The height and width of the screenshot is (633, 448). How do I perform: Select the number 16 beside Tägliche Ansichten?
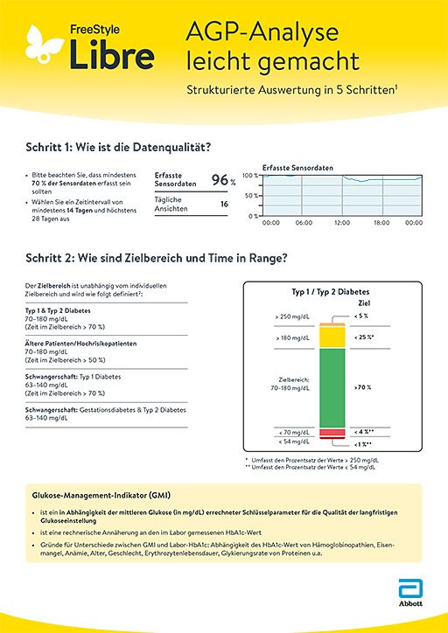[x=224, y=204]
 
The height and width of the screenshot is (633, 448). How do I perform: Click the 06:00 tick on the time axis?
[x=304, y=223]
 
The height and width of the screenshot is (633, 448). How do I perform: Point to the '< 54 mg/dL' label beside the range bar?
[x=291, y=443]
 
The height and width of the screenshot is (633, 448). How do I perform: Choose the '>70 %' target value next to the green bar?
[x=361, y=386]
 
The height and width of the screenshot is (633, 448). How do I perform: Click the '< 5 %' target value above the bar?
[x=361, y=315]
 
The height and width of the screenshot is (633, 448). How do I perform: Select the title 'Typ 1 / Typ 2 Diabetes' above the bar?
[x=331, y=293]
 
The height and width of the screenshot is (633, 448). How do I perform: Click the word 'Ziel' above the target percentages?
[x=364, y=303]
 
